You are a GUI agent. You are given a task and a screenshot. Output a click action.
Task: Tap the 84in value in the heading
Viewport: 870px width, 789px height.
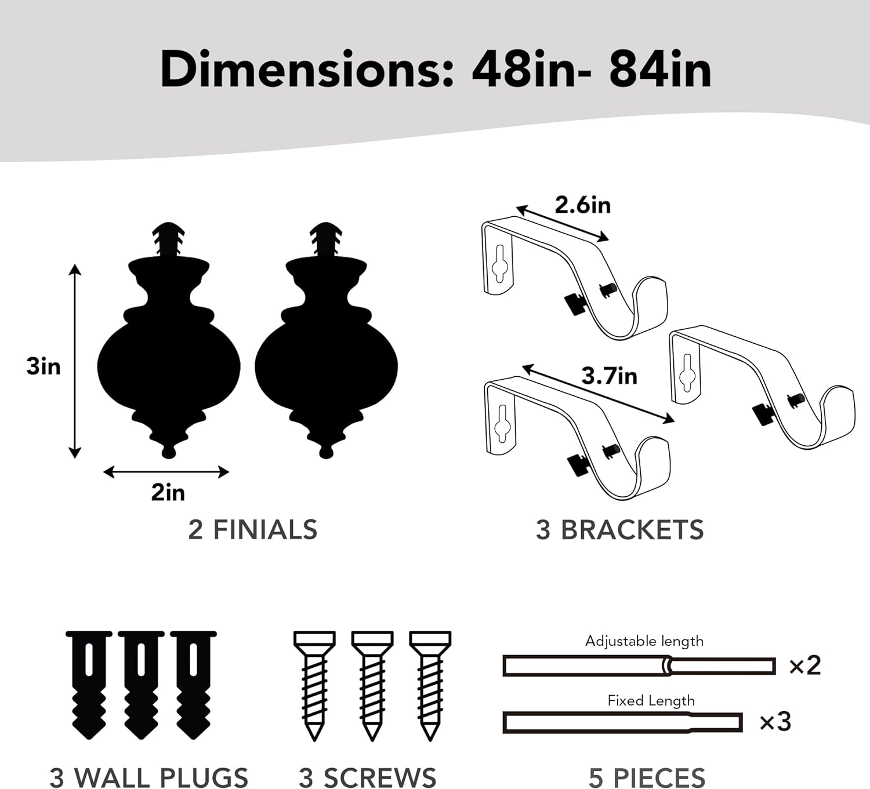[660, 70]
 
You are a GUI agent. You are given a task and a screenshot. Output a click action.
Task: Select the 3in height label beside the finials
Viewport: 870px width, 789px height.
[43, 366]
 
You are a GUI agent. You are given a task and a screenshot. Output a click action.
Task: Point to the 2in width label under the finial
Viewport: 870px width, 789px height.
[168, 493]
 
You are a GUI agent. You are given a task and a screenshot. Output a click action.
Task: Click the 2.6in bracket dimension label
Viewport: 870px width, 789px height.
[582, 205]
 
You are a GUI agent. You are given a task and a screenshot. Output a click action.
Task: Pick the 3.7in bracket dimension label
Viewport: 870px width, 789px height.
[609, 376]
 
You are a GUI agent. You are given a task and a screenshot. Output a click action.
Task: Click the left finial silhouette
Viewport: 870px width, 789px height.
[169, 340]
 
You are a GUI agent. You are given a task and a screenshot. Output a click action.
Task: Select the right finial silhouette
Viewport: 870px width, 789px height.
[326, 340]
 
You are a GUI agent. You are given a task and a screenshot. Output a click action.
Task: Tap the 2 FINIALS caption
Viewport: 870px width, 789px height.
[253, 530]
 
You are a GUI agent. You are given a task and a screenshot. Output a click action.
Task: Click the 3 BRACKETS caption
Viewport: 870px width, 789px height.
[620, 530]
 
